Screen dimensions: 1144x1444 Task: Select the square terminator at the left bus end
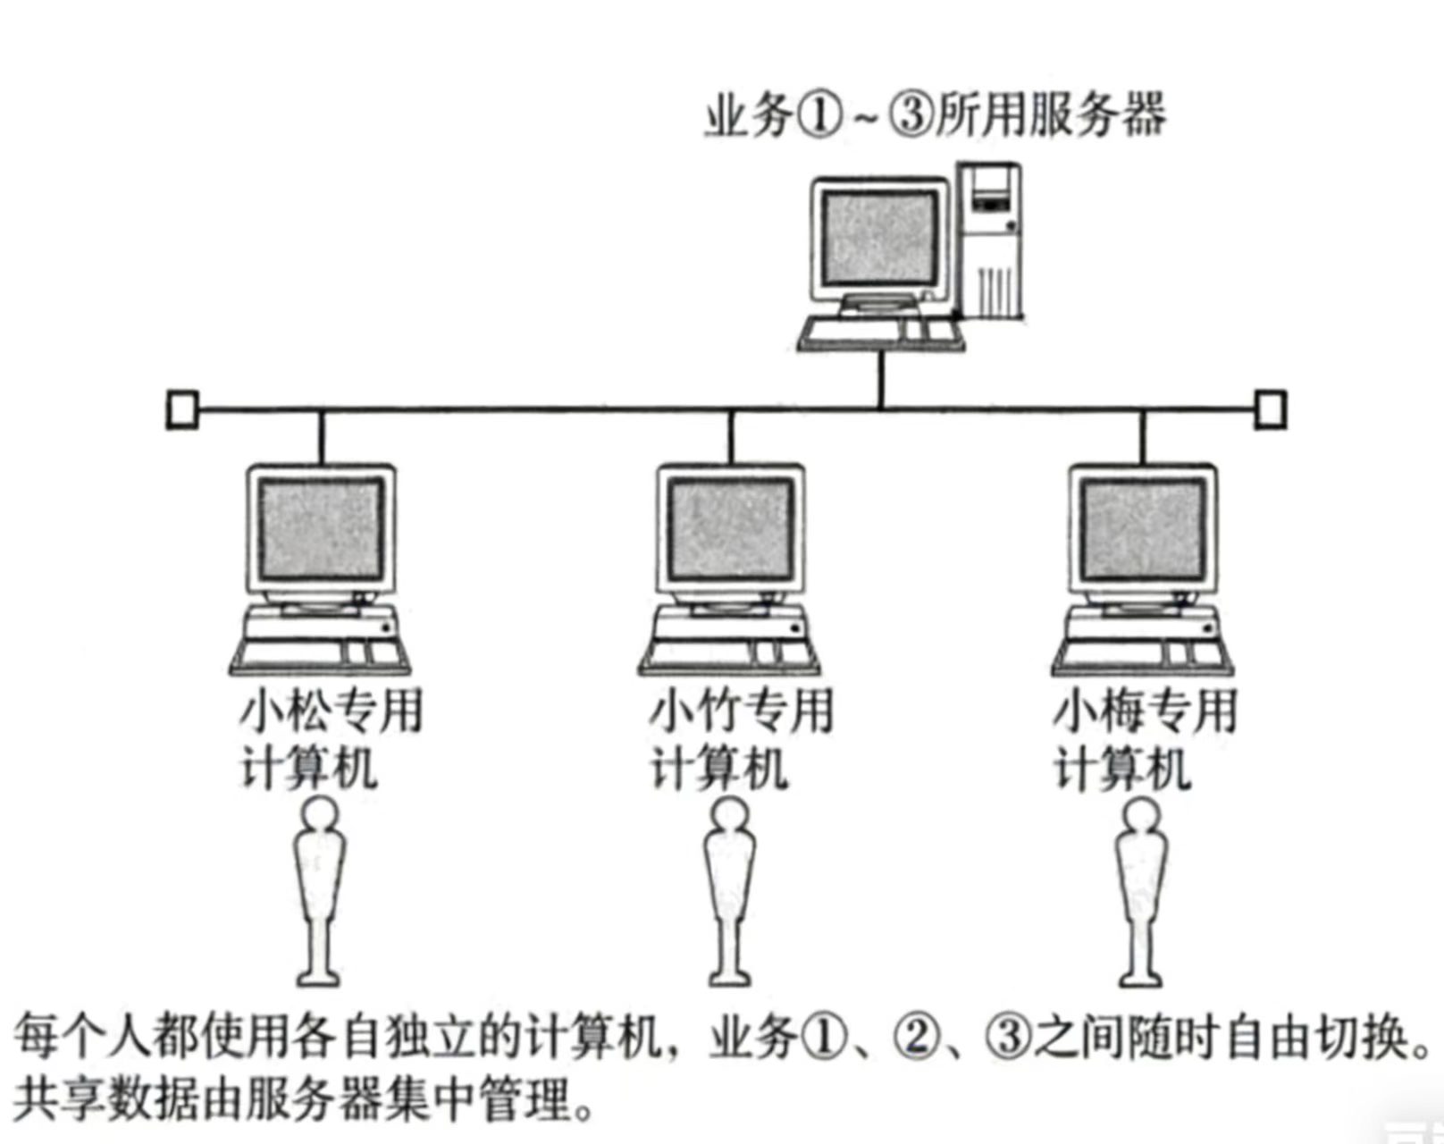[182, 409]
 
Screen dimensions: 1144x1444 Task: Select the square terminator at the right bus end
[1271, 409]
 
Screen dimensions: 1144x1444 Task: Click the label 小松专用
[332, 711]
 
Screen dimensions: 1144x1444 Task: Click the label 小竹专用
[741, 711]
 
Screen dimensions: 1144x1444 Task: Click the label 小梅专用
[1146, 711]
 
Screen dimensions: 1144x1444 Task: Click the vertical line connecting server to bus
[881, 380]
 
